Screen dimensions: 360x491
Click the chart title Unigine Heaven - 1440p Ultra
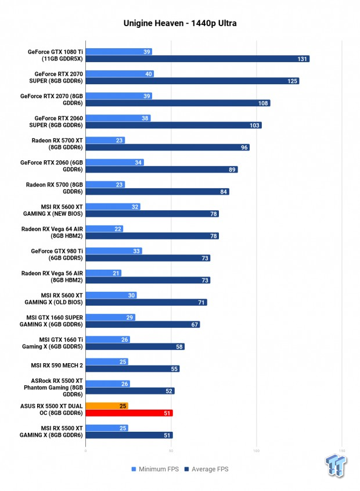(x=180, y=23)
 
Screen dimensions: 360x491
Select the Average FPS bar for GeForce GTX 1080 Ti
(x=197, y=59)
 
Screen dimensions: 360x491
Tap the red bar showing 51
(x=129, y=413)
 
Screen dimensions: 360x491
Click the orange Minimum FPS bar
(x=107, y=406)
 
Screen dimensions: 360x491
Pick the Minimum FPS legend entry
(x=155, y=469)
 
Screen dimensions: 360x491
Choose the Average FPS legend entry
(x=207, y=469)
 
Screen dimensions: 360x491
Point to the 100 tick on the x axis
(x=257, y=451)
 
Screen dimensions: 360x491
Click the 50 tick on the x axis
(x=171, y=451)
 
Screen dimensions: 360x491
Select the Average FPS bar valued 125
(x=193, y=81)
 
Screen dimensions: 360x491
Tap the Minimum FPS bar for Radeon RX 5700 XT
(x=105, y=140)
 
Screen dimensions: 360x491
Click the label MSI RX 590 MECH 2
(x=57, y=365)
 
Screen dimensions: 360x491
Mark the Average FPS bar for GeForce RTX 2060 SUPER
(x=174, y=126)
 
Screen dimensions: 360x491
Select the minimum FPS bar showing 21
(x=103, y=273)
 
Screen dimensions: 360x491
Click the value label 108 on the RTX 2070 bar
(x=263, y=103)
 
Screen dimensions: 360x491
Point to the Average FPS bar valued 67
(x=143, y=324)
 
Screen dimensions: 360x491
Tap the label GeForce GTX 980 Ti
(x=57, y=251)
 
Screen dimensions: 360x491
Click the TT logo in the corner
(x=336, y=465)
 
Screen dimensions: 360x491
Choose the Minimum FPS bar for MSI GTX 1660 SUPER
(x=110, y=317)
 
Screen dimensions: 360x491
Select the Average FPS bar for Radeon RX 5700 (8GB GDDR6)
(x=157, y=192)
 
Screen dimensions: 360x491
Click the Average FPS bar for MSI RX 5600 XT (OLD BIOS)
(x=146, y=302)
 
